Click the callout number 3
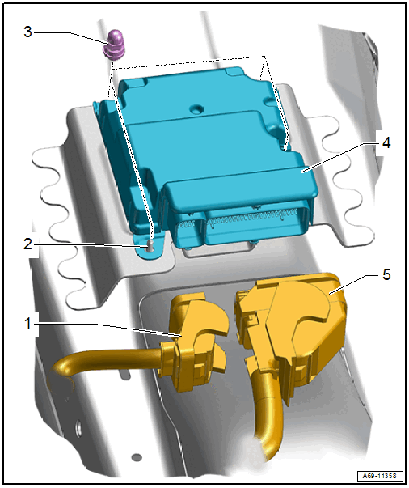click(x=28, y=32)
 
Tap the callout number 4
click(x=386, y=143)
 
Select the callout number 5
click(x=386, y=274)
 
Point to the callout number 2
click(x=28, y=244)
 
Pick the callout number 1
click(x=28, y=324)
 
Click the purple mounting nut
click(x=114, y=45)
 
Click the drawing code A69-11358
click(x=379, y=476)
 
